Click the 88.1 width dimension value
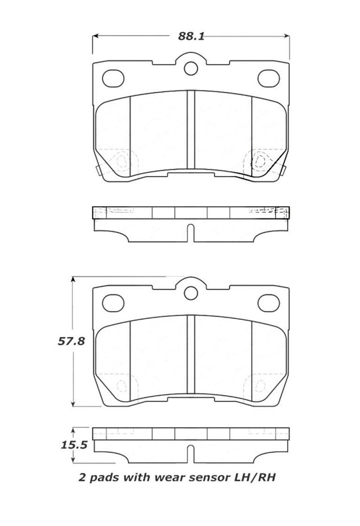[x=191, y=37]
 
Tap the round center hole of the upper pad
[x=191, y=68]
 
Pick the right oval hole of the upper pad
[x=269, y=78]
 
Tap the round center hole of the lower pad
[x=191, y=293]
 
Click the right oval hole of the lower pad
[x=269, y=303]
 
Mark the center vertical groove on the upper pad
[x=191, y=128]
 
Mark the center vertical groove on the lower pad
[x=191, y=354]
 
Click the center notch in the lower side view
[x=191, y=453]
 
